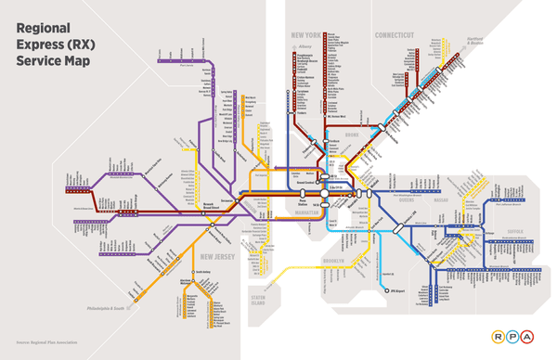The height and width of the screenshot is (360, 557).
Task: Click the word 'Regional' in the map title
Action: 45,29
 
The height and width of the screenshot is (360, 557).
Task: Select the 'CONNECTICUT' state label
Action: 394,35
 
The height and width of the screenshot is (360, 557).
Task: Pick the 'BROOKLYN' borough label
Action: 332,263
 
